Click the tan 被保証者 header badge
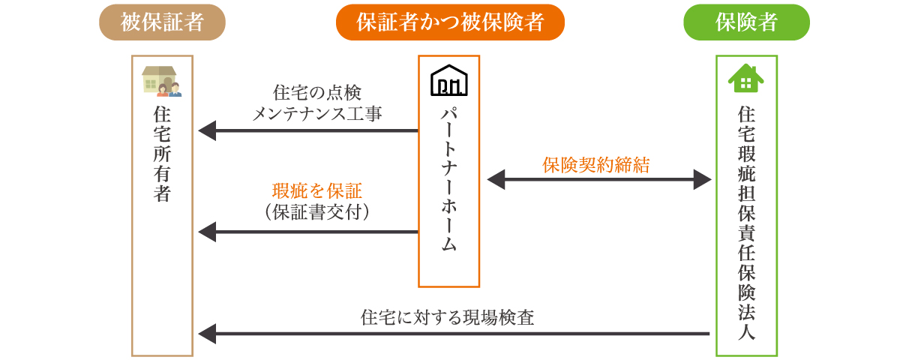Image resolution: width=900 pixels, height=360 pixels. click(x=162, y=22)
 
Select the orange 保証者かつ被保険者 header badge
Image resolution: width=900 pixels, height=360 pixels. click(x=449, y=22)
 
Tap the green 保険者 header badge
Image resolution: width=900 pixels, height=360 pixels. click(x=746, y=22)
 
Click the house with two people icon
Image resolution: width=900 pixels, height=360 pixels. click(x=162, y=81)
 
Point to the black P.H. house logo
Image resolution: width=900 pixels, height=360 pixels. click(x=448, y=81)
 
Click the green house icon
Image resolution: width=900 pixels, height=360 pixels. click(x=746, y=79)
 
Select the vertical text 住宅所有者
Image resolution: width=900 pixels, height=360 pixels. click(x=162, y=154)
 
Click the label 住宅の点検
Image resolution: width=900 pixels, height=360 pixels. click(x=317, y=93)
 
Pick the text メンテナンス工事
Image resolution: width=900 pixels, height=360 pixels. click(x=317, y=114)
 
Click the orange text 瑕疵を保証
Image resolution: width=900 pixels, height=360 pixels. click(x=317, y=191)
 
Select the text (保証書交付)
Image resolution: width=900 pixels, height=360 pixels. click(x=317, y=212)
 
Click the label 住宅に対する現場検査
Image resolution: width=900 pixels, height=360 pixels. click(x=448, y=317)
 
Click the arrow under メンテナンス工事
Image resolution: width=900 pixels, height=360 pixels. click(x=307, y=131)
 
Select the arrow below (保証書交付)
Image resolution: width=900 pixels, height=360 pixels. click(x=307, y=232)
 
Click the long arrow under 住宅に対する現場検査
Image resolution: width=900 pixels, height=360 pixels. click(x=454, y=334)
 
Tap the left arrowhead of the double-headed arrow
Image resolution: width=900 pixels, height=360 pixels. click(x=496, y=179)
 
